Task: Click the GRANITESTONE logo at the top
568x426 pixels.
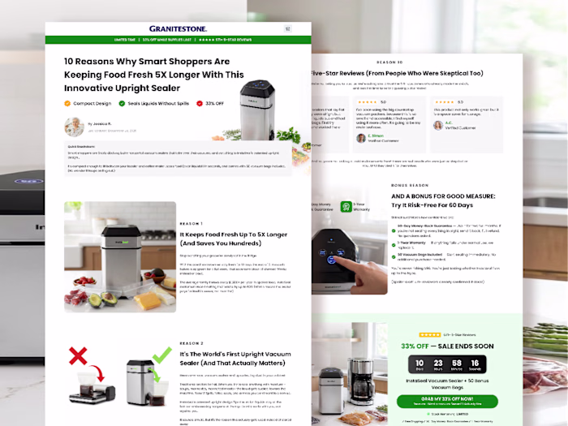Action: (x=178, y=28)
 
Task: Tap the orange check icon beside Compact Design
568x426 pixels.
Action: (x=67, y=103)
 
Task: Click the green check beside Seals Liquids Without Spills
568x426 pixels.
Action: (x=122, y=103)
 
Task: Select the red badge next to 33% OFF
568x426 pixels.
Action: (x=198, y=103)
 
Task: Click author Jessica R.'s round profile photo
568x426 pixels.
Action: (x=74, y=127)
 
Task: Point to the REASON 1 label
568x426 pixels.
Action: (x=191, y=223)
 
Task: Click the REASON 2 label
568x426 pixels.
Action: (x=191, y=343)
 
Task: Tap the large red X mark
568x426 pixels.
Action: (x=78, y=355)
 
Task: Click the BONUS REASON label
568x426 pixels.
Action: (x=411, y=185)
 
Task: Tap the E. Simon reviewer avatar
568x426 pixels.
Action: (x=361, y=138)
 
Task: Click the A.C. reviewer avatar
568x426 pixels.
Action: (x=438, y=126)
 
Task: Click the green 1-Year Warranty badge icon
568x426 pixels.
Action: (x=345, y=206)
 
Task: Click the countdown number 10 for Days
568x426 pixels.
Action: (x=419, y=364)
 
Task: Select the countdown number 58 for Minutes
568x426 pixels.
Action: (x=457, y=364)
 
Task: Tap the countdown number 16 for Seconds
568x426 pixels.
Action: (x=475, y=364)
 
